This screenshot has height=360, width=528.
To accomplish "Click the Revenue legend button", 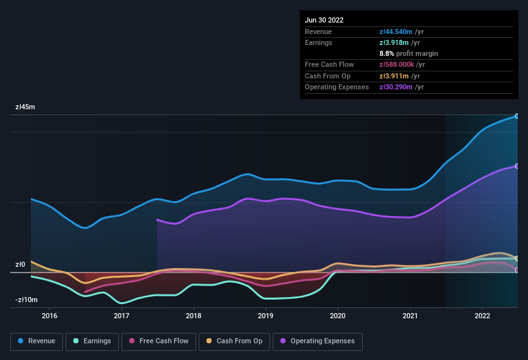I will [37, 341].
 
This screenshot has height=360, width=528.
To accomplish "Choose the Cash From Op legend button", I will [235, 341].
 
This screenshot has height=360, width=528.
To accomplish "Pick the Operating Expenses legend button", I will [318, 341].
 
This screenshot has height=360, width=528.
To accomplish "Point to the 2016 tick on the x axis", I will [50, 316].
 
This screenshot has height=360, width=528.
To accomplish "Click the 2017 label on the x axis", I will [122, 316].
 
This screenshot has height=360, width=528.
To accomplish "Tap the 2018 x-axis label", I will [194, 316].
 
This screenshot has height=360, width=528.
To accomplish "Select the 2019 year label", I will [266, 316].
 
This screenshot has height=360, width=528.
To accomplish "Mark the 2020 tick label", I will [338, 316].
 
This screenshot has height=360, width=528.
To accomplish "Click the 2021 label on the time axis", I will [410, 316].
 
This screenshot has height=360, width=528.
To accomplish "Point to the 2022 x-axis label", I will [482, 316].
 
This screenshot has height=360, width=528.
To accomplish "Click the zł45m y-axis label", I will [25, 107].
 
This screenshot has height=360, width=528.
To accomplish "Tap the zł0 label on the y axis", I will [21, 265].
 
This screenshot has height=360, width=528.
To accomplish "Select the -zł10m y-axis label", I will [26, 300].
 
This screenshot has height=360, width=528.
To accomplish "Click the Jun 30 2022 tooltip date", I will [324, 20].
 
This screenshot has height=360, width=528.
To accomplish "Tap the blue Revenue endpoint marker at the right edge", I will [516, 116].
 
